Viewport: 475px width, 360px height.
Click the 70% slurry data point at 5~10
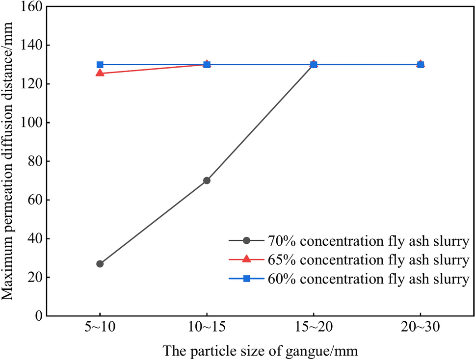pyautogui.click(x=100, y=264)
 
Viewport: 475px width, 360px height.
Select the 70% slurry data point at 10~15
pyautogui.click(x=207, y=180)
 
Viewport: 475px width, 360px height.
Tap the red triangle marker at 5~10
pyautogui.click(x=100, y=73)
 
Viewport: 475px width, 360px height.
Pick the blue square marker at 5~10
pyautogui.click(x=100, y=65)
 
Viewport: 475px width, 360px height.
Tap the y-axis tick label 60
pyautogui.click(x=34, y=200)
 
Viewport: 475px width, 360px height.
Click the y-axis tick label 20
pyautogui.click(x=34, y=278)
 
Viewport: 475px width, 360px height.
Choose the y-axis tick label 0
pyautogui.click(x=38, y=316)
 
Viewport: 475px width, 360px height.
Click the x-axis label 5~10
pyautogui.click(x=100, y=330)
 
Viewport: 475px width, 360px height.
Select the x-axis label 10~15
pyautogui.click(x=207, y=330)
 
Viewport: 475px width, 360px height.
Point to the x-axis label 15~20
pyautogui.click(x=314, y=330)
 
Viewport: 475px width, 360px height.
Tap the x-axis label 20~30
pyautogui.click(x=421, y=330)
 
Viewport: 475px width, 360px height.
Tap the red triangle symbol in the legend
pyautogui.click(x=247, y=259)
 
